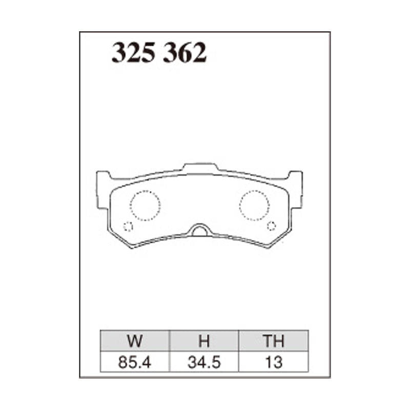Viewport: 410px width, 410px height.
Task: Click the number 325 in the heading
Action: tap(134, 53)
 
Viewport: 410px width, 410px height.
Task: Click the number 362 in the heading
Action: tap(185, 53)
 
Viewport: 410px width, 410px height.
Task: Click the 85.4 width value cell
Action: tap(135, 362)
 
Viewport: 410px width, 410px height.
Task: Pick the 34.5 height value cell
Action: tap(204, 362)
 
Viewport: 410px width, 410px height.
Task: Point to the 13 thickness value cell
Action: tap(274, 362)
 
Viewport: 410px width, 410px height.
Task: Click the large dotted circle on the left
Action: tap(145, 205)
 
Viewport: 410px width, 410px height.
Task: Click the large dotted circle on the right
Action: tap(254, 205)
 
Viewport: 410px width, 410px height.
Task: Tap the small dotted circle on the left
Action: tap(128, 227)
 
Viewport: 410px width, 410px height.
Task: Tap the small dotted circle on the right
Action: tap(272, 225)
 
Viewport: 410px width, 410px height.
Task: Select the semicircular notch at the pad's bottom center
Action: tap(200, 231)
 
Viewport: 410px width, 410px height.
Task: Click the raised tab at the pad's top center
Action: tap(200, 168)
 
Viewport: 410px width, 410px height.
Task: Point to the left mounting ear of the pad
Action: tap(103, 190)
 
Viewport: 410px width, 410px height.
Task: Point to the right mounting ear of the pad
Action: tap(296, 190)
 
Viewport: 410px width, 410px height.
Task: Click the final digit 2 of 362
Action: tap(200, 53)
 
